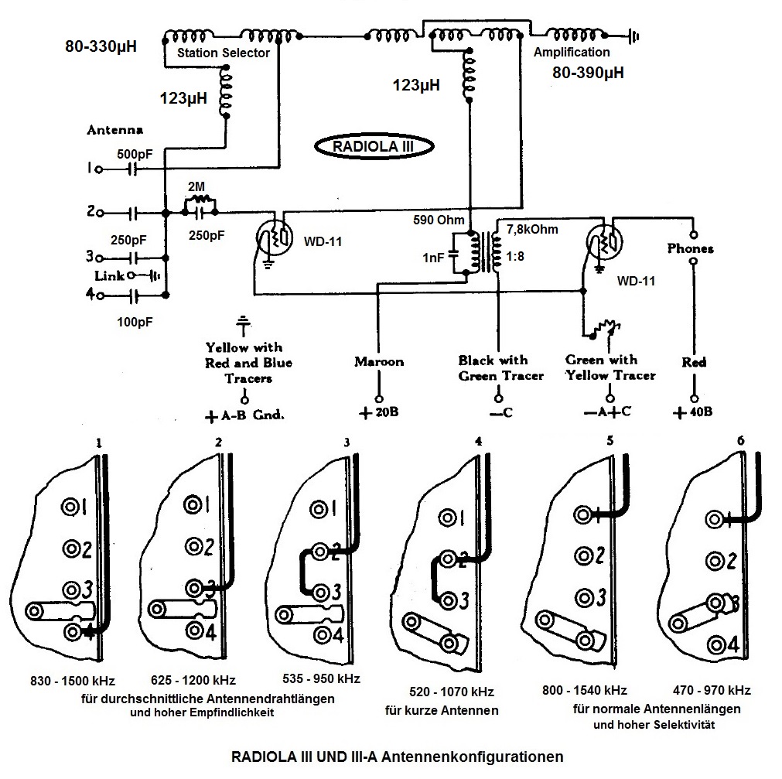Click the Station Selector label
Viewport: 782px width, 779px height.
(x=224, y=53)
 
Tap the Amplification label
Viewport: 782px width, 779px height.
(x=572, y=53)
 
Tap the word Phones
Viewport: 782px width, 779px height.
(x=691, y=249)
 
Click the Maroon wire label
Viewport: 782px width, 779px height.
(x=379, y=361)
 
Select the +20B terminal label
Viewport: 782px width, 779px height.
(x=379, y=412)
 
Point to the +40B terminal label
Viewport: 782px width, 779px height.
(x=693, y=412)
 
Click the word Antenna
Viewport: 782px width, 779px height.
(x=115, y=130)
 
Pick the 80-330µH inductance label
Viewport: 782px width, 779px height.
(x=101, y=47)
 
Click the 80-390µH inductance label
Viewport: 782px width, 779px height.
(x=588, y=73)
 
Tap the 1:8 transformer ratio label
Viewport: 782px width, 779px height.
(x=517, y=256)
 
